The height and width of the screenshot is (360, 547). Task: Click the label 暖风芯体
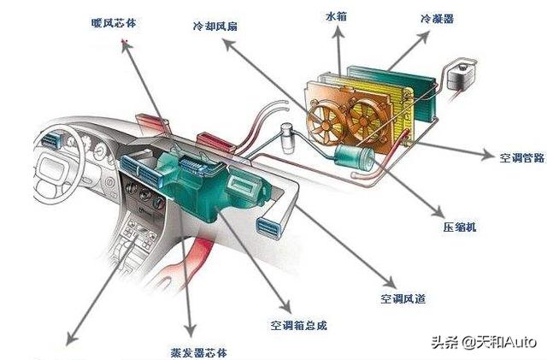pyautogui.click(x=114, y=23)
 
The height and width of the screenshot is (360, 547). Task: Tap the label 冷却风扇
pyautogui.click(x=215, y=27)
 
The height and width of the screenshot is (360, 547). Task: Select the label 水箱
pyautogui.click(x=336, y=16)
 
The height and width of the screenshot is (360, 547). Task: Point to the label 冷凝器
pyautogui.click(x=438, y=19)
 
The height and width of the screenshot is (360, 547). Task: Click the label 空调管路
pyautogui.click(x=522, y=157)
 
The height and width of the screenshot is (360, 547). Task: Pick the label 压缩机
pyautogui.click(x=460, y=227)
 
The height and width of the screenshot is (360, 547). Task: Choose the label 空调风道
pyautogui.click(x=403, y=298)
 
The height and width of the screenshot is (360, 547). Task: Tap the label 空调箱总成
pyautogui.click(x=299, y=326)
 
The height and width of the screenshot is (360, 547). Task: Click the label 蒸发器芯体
pyautogui.click(x=199, y=352)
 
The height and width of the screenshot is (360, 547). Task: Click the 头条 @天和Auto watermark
pyautogui.click(x=484, y=342)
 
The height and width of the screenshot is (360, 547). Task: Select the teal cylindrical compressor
pyautogui.click(x=354, y=156)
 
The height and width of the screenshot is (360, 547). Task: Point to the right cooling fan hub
pyautogui.click(x=364, y=121)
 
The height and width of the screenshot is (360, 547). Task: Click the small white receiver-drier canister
pyautogui.click(x=288, y=137)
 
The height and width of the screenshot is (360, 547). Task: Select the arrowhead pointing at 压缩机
pyautogui.click(x=438, y=213)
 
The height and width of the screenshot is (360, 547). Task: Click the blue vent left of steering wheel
pyautogui.click(x=51, y=139)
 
